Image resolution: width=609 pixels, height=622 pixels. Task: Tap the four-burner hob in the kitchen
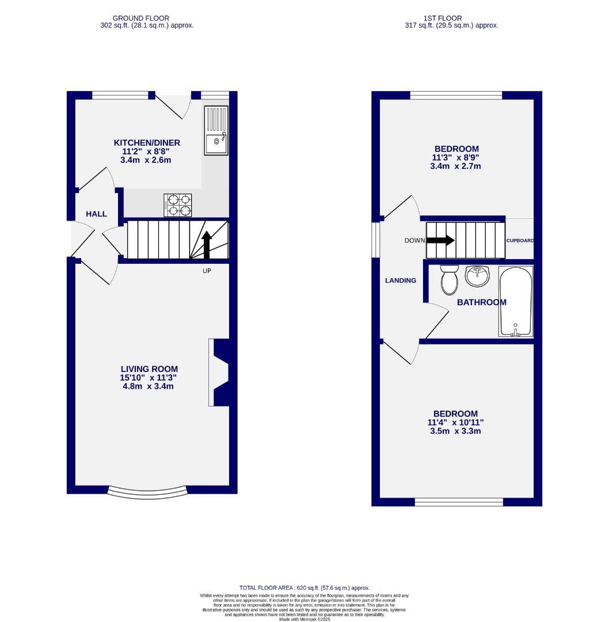click(x=179, y=205)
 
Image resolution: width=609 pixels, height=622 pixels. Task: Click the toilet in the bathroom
click(x=448, y=279)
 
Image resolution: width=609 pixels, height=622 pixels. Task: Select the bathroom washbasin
click(x=477, y=276)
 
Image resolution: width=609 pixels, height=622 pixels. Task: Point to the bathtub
click(x=516, y=301)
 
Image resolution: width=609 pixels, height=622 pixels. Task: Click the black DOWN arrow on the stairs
click(x=440, y=241)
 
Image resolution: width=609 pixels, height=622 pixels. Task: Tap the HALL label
click(x=96, y=214)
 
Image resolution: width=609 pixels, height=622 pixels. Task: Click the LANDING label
click(x=401, y=280)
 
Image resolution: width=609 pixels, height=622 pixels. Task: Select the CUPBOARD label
click(x=520, y=241)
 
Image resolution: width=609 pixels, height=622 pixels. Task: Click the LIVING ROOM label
click(x=149, y=369)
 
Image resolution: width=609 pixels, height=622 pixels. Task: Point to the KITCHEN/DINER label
click(x=147, y=143)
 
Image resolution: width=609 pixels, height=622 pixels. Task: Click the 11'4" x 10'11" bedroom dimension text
click(x=455, y=422)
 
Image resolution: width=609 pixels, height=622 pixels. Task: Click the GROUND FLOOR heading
click(x=141, y=18)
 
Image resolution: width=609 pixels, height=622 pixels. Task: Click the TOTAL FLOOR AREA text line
click(x=304, y=588)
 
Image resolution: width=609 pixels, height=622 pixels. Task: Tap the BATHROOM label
click(x=482, y=302)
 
